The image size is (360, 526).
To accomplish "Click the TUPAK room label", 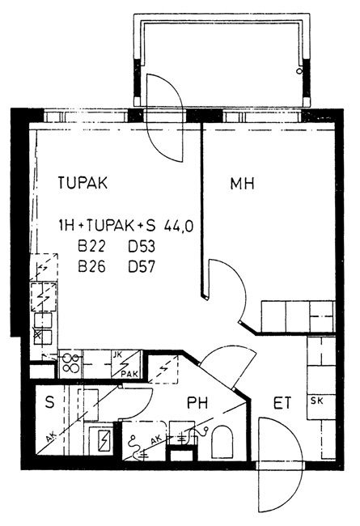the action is click(x=83, y=183).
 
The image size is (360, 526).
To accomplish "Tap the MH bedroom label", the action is click(x=242, y=184).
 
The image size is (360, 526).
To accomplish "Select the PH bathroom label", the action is click(x=197, y=402).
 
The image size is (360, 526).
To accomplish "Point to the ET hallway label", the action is click(x=282, y=403).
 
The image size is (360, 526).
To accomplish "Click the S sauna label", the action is click(x=49, y=402).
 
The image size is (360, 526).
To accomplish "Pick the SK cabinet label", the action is click(x=317, y=401).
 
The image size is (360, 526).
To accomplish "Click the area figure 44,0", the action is click(x=179, y=227).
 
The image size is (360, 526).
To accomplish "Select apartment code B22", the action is click(x=91, y=247).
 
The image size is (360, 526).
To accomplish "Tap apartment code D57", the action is click(x=142, y=267).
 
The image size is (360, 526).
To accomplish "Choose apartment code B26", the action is click(x=91, y=267).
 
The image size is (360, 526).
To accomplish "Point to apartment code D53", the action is click(x=142, y=247).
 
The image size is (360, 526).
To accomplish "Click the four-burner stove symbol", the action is click(x=70, y=364).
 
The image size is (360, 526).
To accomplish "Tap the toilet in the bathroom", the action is click(x=222, y=442).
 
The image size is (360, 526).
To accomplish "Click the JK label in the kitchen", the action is click(x=118, y=354).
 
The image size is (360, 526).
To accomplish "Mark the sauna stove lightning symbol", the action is click(x=104, y=439).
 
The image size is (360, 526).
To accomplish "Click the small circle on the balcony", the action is click(x=299, y=71).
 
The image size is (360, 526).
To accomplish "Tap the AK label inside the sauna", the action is click(x=50, y=438).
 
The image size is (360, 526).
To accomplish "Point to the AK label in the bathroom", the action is click(x=155, y=439).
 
